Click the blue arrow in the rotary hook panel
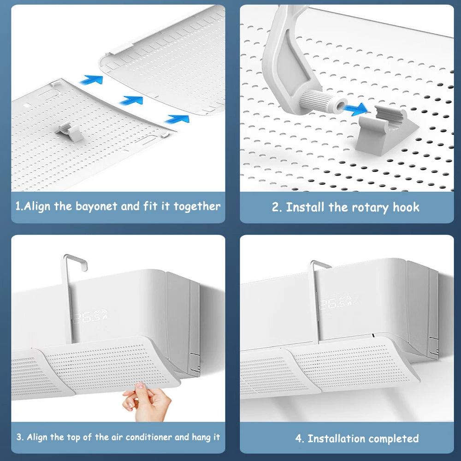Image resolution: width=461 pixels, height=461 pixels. click(x=356, y=110)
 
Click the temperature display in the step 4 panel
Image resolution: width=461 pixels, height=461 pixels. click(x=336, y=304)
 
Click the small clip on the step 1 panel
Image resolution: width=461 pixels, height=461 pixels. click(x=71, y=131)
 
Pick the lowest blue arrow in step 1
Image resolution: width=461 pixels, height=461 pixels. click(x=177, y=119)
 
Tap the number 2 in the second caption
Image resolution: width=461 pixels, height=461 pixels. click(x=276, y=207)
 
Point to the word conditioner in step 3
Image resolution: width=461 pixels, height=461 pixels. click(x=148, y=437)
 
